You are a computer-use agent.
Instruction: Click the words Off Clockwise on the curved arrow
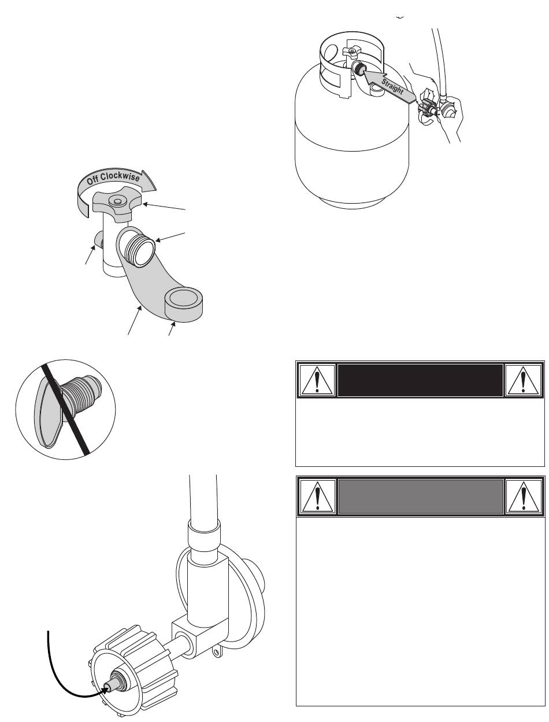click(x=113, y=178)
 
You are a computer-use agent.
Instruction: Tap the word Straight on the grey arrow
click(x=392, y=87)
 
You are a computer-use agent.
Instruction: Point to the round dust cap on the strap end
click(x=183, y=304)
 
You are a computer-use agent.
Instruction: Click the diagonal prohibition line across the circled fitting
click(x=66, y=410)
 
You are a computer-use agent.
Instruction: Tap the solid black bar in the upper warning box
click(x=420, y=380)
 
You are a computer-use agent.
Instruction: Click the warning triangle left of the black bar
click(x=316, y=381)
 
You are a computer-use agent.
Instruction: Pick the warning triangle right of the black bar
click(x=523, y=381)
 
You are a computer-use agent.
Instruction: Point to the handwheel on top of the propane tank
click(x=351, y=50)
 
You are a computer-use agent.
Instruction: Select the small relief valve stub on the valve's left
click(x=98, y=239)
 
